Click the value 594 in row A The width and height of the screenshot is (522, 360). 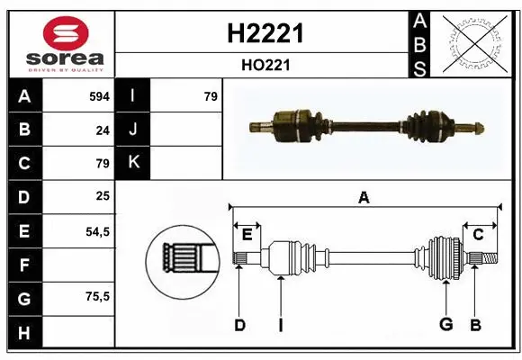(x=99, y=96)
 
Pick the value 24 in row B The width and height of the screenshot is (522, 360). (x=103, y=130)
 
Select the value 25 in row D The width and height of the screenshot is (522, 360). (x=103, y=196)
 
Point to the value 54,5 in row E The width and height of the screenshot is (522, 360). (x=97, y=231)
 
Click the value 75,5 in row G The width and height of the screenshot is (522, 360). (x=97, y=297)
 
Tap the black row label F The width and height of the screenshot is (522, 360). (x=24, y=265)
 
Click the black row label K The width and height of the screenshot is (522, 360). (x=133, y=163)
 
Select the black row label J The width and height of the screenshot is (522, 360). (x=133, y=130)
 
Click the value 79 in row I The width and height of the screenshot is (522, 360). (x=211, y=96)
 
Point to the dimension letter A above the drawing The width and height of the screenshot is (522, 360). (x=364, y=198)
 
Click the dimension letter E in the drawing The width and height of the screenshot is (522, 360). (x=247, y=235)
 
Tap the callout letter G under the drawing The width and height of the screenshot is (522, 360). (x=445, y=325)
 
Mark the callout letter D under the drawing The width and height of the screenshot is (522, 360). (x=239, y=325)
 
